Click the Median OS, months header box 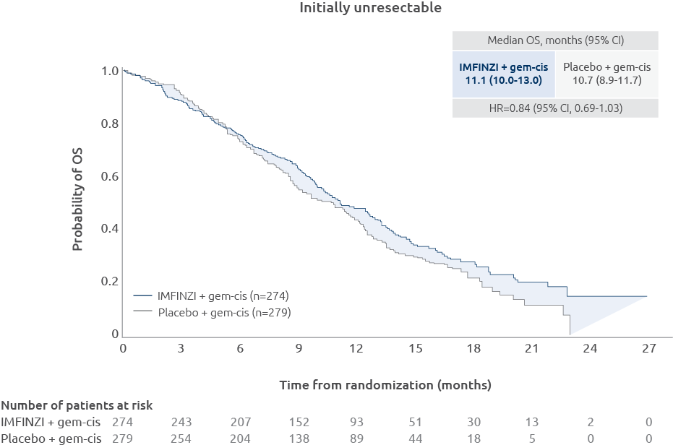pyautogui.click(x=555, y=40)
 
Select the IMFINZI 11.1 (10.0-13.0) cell pyautogui.click(x=504, y=73)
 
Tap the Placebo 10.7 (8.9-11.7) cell pyautogui.click(x=606, y=73)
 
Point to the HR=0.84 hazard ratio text pyautogui.click(x=555, y=108)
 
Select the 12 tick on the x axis pyautogui.click(x=356, y=349)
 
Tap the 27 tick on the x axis pyautogui.click(x=648, y=349)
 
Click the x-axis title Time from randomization pyautogui.click(x=385, y=385)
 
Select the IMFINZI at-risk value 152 pyautogui.click(x=298, y=422)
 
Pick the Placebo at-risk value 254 pyautogui.click(x=181, y=438)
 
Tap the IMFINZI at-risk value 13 pyautogui.click(x=531, y=422)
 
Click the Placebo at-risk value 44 pyautogui.click(x=415, y=438)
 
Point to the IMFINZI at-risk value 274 pyautogui.click(x=123, y=422)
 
